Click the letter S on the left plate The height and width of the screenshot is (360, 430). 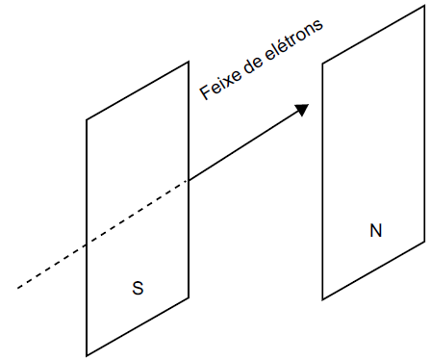point(139,288)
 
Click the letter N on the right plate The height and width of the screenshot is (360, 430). point(375,231)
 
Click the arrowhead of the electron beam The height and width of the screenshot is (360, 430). point(302,109)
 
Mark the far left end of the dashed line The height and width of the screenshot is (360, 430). point(17,287)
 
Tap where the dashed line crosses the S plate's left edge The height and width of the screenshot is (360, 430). point(87,246)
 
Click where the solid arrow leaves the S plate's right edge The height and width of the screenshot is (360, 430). point(189,180)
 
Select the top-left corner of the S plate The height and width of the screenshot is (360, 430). point(87,119)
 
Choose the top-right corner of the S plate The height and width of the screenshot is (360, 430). point(189,62)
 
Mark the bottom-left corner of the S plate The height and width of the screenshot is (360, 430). point(87,354)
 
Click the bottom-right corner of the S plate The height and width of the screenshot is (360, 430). point(189,297)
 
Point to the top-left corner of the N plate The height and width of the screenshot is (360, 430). point(322,64)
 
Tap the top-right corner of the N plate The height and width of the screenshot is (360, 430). point(424,5)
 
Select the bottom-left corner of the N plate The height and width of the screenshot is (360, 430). point(322,298)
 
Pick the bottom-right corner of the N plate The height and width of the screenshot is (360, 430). point(424,241)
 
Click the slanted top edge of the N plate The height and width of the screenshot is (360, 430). point(373,34)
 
